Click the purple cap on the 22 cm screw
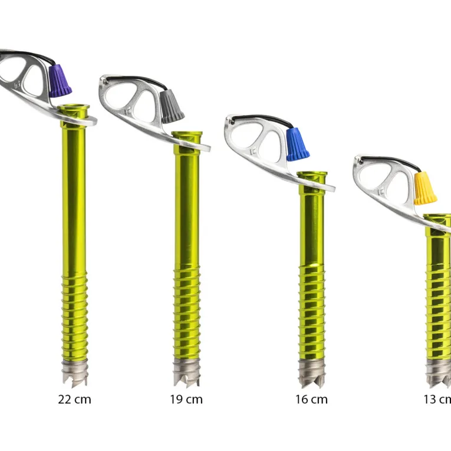[60, 81]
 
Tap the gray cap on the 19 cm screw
[172, 106]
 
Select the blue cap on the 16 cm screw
[297, 144]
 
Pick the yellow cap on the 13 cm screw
[425, 188]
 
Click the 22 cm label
[74, 400]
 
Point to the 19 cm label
[186, 400]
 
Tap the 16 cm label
[311, 400]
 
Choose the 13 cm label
[437, 400]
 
